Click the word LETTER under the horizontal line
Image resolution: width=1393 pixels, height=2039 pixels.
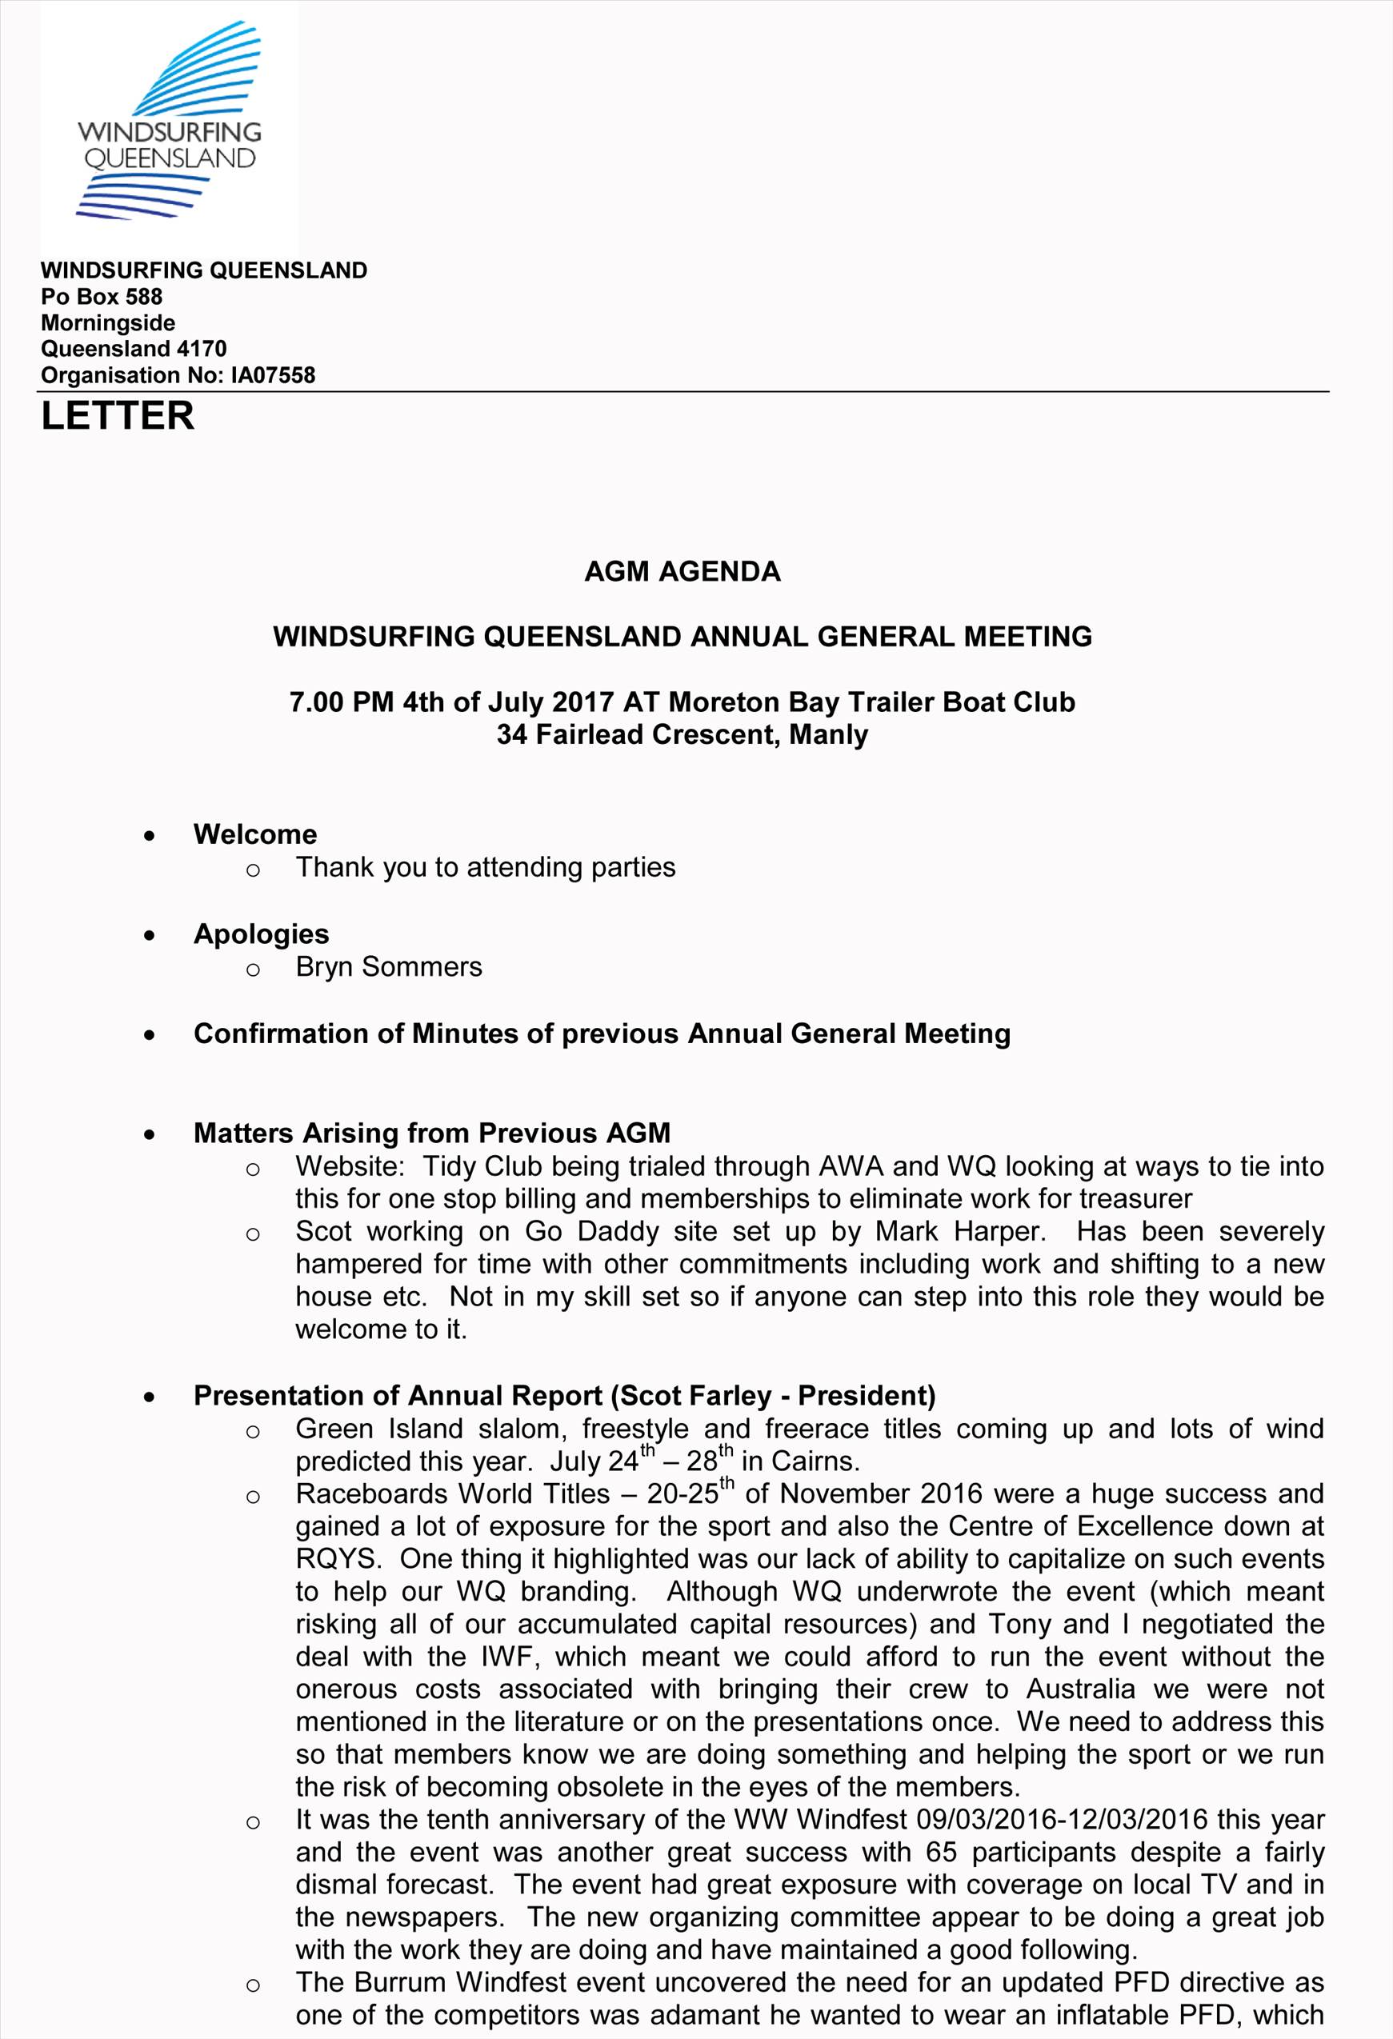(x=118, y=416)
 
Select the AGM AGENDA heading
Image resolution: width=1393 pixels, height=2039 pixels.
(x=682, y=571)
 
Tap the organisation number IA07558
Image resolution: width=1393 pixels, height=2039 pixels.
(x=272, y=375)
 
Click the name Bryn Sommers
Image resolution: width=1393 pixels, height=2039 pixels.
(x=389, y=967)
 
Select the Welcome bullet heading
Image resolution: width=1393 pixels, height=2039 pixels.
(x=255, y=834)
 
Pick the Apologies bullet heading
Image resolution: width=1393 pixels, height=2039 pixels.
(x=262, y=934)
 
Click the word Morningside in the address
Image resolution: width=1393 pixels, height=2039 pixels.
(x=108, y=323)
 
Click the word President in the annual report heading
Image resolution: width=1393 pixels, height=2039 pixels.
(x=866, y=1396)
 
